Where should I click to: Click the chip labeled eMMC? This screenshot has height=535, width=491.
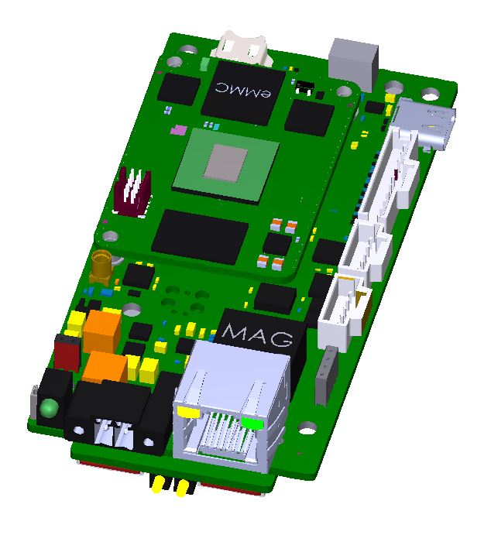243,92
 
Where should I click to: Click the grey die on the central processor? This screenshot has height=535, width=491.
225,162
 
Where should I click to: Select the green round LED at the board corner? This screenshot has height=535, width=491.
49,408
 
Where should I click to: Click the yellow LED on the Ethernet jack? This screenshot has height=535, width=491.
188,412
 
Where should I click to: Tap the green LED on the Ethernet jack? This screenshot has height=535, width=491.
252,423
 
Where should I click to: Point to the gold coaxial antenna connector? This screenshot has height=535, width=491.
101,268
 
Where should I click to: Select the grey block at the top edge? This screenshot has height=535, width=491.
354,64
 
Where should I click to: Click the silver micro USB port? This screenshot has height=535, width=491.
425,124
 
